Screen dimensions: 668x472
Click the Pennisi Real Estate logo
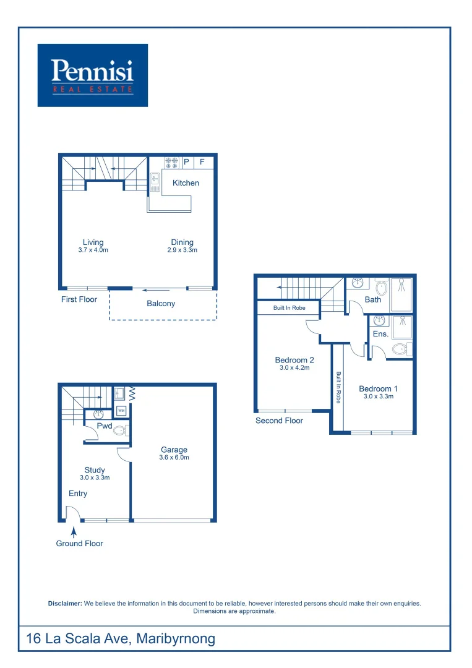(93, 75)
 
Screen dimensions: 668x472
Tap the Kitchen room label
(186, 182)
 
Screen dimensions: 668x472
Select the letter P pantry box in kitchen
(186, 163)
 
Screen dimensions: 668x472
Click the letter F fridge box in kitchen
(202, 163)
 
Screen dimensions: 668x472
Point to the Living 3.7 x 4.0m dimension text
(93, 250)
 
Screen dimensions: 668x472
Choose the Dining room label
(182, 242)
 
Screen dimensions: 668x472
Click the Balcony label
(161, 304)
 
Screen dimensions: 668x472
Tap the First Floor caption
(79, 299)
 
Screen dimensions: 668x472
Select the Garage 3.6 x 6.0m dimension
(174, 458)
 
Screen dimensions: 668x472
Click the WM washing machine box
(121, 411)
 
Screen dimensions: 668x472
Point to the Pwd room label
(104, 426)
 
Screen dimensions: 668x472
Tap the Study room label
(95, 470)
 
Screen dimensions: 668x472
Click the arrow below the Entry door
(74, 530)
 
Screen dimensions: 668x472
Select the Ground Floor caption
(79, 544)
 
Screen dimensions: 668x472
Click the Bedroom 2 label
(294, 360)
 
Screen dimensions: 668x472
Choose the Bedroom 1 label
(378, 389)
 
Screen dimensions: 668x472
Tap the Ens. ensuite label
(380, 334)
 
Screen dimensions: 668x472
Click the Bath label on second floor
(373, 299)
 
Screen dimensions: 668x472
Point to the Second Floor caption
(279, 421)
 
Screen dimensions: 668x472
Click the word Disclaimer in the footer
(64, 603)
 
